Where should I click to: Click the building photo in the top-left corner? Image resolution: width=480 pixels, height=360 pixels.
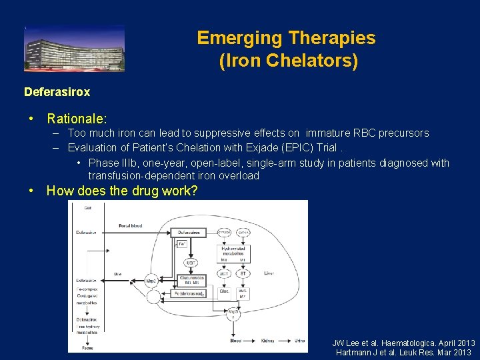click(x=74, y=49)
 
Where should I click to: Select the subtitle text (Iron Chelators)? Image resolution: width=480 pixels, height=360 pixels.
click(x=288, y=61)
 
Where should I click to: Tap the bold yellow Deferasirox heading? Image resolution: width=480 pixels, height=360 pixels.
click(x=57, y=91)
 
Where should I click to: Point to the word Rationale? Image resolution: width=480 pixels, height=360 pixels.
click(x=76, y=119)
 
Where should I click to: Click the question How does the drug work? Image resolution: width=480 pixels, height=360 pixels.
click(x=122, y=191)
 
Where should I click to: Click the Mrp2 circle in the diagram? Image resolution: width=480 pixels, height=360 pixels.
click(x=151, y=281)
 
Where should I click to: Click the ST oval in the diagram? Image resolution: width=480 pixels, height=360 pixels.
click(x=244, y=273)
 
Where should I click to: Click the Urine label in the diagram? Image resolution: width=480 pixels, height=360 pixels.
click(x=299, y=340)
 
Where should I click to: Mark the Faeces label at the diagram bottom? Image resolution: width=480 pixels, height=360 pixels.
click(x=87, y=347)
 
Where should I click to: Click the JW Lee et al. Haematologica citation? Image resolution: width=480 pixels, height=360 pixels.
click(x=403, y=343)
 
